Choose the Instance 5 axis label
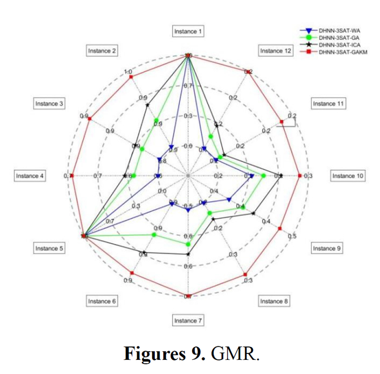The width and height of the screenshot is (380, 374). click(x=49, y=248)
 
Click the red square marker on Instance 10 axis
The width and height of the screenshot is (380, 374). click(x=300, y=176)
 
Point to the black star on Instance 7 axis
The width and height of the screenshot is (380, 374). click(x=188, y=254)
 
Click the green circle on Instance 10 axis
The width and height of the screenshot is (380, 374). click(x=264, y=176)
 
